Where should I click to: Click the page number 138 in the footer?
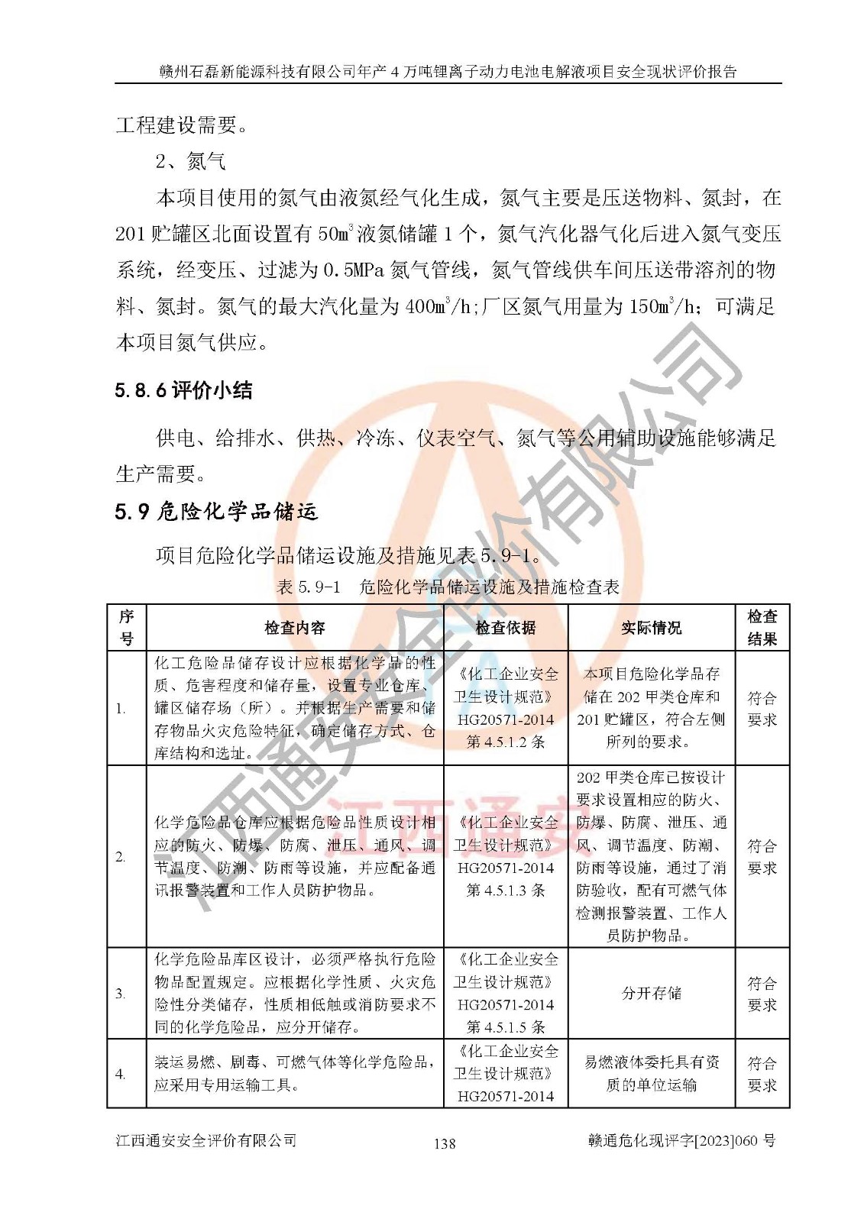(x=444, y=1143)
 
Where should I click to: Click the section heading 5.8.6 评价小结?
(x=183, y=390)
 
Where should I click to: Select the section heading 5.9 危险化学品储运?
(x=216, y=511)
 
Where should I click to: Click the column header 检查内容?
(x=295, y=628)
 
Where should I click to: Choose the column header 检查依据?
(x=506, y=628)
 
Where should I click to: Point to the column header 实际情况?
(x=651, y=628)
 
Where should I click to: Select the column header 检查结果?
(x=762, y=628)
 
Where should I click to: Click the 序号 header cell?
(x=127, y=628)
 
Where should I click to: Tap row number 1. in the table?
(x=121, y=708)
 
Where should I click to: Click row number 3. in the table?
(x=121, y=994)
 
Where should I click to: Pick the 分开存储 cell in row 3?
(x=651, y=993)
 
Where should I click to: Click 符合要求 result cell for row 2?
(x=762, y=857)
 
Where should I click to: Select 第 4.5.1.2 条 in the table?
(x=506, y=742)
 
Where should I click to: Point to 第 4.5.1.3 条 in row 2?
(x=506, y=890)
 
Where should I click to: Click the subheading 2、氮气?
(x=191, y=161)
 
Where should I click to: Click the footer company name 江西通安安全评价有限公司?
(x=206, y=1140)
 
